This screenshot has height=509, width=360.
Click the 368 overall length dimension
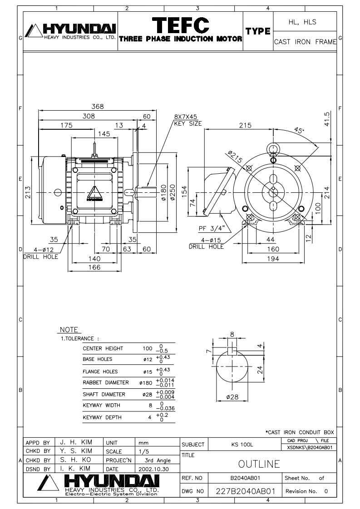[x=98, y=106]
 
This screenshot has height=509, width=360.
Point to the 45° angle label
[x=299, y=131]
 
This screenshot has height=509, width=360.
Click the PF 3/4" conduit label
[x=212, y=228]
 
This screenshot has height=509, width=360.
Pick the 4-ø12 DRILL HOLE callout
[x=41, y=253]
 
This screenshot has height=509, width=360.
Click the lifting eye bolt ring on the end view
[x=273, y=149]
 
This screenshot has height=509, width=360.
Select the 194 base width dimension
[x=273, y=259]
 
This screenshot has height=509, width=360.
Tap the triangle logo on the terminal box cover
[x=94, y=194]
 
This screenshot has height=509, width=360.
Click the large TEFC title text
[x=181, y=25]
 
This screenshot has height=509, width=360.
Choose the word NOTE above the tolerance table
[x=69, y=329]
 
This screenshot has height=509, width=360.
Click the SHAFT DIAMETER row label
[x=104, y=394]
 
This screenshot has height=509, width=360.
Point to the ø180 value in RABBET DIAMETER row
[x=146, y=383]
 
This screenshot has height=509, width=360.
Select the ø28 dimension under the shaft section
[x=232, y=396]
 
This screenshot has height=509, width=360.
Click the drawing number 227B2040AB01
[x=246, y=491]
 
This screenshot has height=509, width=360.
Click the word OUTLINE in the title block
[x=259, y=464]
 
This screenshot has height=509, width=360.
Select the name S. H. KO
[x=76, y=460]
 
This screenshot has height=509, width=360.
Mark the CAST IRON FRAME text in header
[x=305, y=42]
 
